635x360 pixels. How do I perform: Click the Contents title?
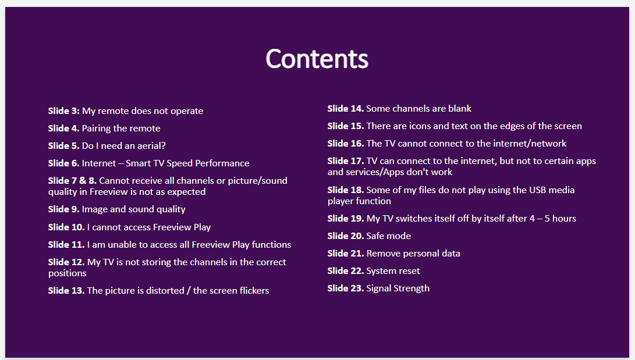317,59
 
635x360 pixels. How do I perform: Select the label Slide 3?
64,111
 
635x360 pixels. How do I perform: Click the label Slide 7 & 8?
73,180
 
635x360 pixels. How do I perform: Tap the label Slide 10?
66,227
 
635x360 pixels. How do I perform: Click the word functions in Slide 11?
271,244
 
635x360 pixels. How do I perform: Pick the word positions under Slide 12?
68,273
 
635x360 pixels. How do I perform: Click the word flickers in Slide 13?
254,290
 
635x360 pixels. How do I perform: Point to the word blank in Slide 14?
460,108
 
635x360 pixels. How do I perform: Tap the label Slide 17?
346,161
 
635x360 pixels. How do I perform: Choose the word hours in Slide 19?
564,219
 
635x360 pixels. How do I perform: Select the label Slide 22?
346,270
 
